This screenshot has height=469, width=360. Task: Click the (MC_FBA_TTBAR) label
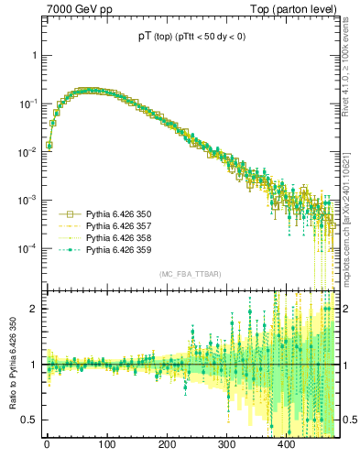[188, 275]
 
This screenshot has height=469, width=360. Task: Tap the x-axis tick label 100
[106, 446]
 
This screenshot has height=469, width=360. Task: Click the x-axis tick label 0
[47, 446]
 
